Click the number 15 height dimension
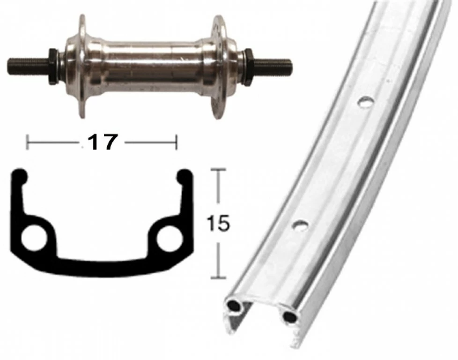pos(218,224)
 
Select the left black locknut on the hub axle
pos(52,65)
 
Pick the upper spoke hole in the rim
pos(366,103)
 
